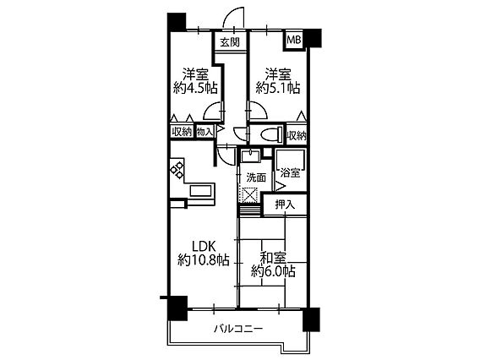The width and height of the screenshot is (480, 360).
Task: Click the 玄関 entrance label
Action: [x=230, y=42]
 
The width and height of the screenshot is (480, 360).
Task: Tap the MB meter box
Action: [x=294, y=40]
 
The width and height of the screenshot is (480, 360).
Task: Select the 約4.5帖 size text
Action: [x=195, y=89]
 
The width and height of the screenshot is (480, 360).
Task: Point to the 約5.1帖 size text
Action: [x=278, y=89]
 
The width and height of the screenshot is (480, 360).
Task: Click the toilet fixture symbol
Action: [x=271, y=134]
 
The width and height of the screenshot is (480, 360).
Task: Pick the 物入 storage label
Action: [x=205, y=132]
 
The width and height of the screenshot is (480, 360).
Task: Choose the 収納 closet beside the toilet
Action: [x=297, y=135]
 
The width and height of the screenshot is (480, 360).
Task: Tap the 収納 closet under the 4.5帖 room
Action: [x=182, y=132]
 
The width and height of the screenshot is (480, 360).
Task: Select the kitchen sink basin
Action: [x=200, y=191]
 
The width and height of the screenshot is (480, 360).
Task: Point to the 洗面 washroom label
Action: [x=256, y=177]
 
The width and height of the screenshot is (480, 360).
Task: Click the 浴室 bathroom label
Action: [x=290, y=173]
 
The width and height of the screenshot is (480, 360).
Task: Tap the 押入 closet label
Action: [x=285, y=205]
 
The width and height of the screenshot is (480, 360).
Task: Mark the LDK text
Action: [x=204, y=246]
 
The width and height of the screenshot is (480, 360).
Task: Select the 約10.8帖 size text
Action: [x=204, y=260]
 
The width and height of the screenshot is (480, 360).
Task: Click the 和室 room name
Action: [x=273, y=258]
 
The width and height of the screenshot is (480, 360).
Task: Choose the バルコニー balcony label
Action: [x=238, y=329]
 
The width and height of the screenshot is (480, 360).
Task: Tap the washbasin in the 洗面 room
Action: [x=251, y=155]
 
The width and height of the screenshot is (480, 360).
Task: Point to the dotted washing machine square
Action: [x=250, y=194]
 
